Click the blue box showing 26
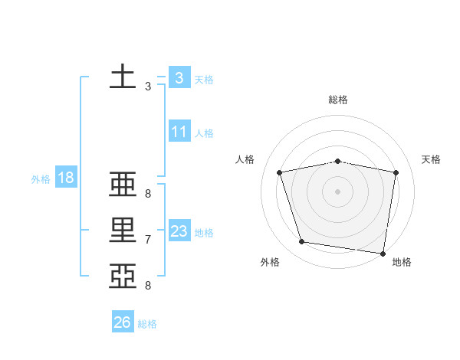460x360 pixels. click(x=122, y=322)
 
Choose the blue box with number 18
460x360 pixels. click(x=66, y=178)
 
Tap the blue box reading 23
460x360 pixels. click(x=179, y=231)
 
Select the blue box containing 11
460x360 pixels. click(x=179, y=132)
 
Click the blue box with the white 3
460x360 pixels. click(x=179, y=78)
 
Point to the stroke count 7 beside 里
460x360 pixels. click(x=147, y=240)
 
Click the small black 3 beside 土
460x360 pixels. click(x=147, y=87)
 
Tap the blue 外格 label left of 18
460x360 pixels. click(x=41, y=179)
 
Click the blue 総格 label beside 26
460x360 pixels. click(x=147, y=324)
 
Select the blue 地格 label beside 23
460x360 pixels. click(x=204, y=233)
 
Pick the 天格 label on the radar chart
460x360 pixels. click(x=432, y=159)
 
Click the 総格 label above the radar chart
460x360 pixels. click(x=338, y=100)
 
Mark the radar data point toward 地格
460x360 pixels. click(x=383, y=253)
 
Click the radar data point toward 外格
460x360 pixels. click(x=302, y=242)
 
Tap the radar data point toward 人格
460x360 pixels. click(x=280, y=172)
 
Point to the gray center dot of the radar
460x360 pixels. click(x=338, y=191)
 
